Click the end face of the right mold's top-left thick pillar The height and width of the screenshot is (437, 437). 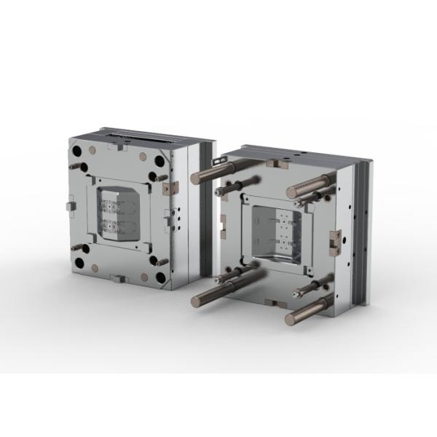tap(195, 177)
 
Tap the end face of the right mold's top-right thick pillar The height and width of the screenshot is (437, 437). tap(292, 192)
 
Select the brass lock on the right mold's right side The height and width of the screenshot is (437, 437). tap(336, 239)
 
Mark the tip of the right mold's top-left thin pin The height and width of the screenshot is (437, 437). tap(219, 192)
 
